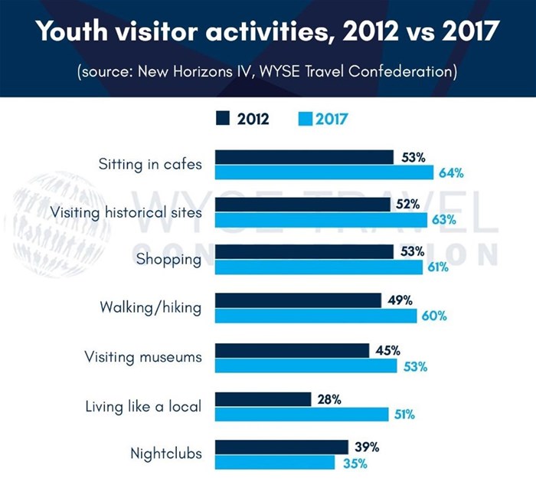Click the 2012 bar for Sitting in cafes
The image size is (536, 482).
[304, 157]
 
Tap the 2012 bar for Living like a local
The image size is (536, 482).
[263, 398]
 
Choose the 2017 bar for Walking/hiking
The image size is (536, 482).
[315, 316]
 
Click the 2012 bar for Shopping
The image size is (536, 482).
[304, 251]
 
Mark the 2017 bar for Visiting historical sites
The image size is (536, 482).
[321, 220]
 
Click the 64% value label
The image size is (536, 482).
[451, 172]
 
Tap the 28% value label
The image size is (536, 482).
[329, 398]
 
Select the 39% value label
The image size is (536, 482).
[367, 447]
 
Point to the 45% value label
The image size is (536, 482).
[387, 351]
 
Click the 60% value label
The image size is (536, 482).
[434, 316]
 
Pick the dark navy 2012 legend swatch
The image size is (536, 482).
[224, 119]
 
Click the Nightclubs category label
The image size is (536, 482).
[166, 454]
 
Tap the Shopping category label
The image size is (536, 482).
[168, 259]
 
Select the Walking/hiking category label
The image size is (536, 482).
[150, 308]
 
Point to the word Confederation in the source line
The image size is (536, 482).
[396, 73]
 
